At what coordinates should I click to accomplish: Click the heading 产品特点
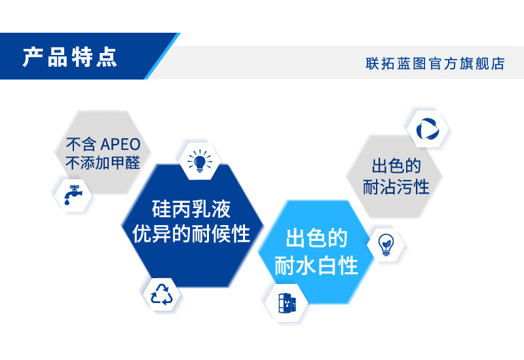(x=70, y=56)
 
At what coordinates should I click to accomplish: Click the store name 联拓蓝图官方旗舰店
(x=435, y=63)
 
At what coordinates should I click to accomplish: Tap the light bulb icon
(x=199, y=160)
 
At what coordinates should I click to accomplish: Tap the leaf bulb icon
(x=386, y=244)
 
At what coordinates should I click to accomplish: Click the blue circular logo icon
(x=427, y=128)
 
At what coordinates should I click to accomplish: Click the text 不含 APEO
(x=103, y=144)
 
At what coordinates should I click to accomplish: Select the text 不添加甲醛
(x=103, y=163)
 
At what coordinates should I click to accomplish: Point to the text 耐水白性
(x=316, y=266)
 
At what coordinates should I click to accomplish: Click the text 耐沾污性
(x=396, y=187)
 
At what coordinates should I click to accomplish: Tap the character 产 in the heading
(x=34, y=56)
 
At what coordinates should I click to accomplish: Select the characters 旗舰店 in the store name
(x=485, y=63)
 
